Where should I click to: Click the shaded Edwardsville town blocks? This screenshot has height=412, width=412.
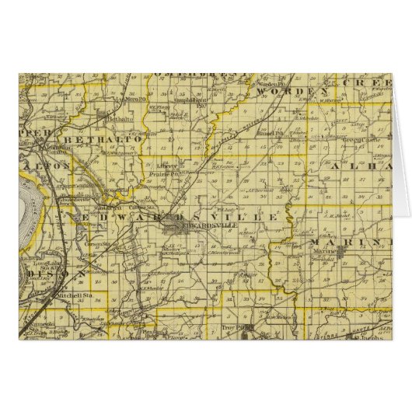(176, 228)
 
